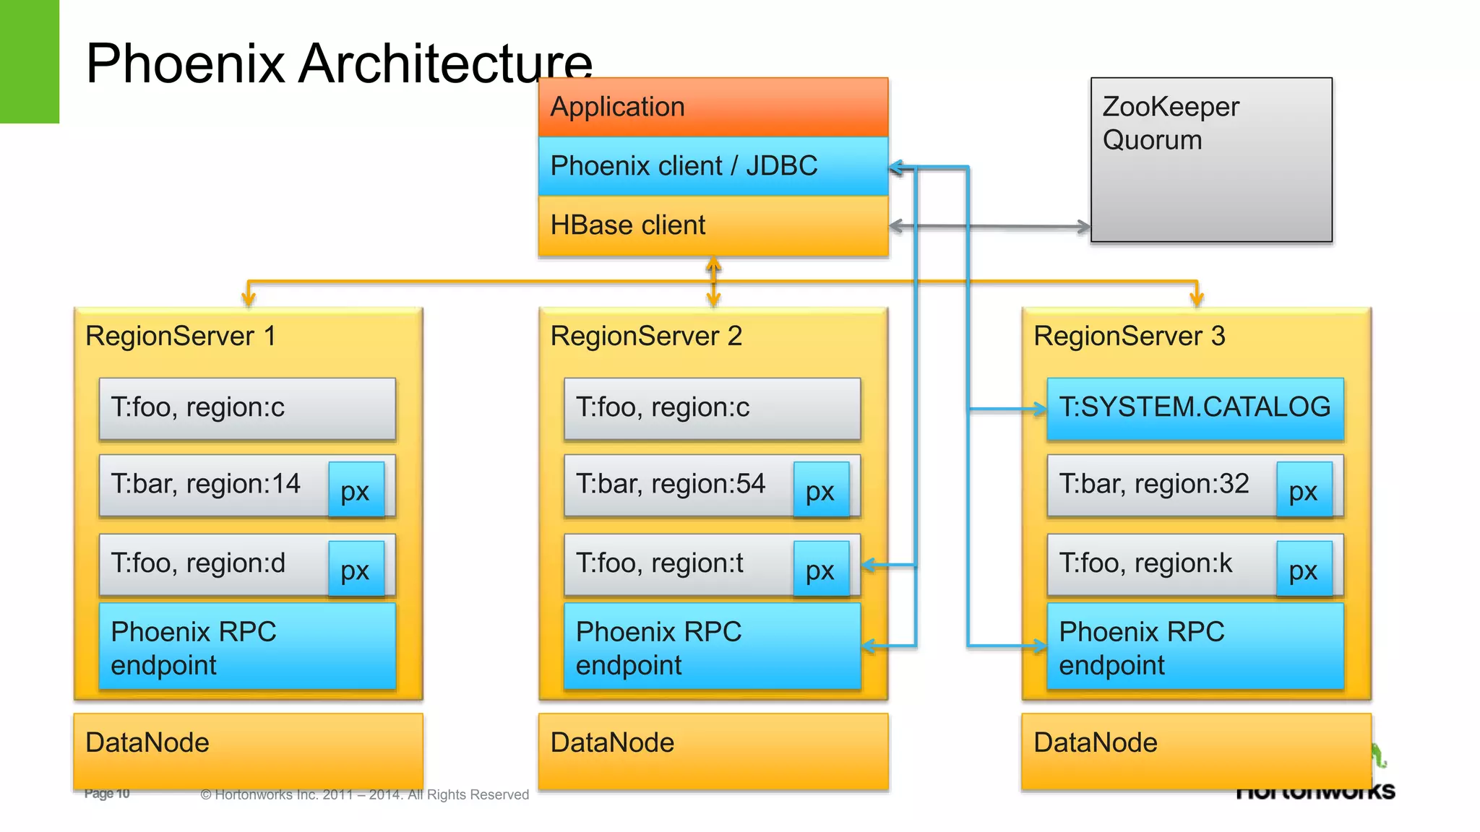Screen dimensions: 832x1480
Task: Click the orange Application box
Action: coord(713,107)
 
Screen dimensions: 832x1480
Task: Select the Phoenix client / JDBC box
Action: coord(713,166)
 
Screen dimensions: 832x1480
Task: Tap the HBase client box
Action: coord(713,225)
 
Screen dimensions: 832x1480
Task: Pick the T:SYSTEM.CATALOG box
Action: coord(1195,408)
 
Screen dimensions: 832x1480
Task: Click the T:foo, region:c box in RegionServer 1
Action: coord(247,408)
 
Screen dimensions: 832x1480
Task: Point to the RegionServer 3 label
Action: coord(1129,337)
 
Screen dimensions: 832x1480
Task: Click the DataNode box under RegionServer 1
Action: coord(248,751)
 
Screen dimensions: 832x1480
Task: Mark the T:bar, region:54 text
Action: coord(671,484)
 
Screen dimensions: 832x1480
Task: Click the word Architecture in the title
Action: coord(445,64)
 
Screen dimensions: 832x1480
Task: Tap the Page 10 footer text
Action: coord(107,794)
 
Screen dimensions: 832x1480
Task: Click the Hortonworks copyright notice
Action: coord(364,794)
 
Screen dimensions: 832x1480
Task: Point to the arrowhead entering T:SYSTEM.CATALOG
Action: coord(1039,409)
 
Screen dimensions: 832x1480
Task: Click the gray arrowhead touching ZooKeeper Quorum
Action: coord(1083,227)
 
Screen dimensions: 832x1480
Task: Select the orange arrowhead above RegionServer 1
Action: coord(249,298)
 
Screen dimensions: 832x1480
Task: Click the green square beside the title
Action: coord(29,61)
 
